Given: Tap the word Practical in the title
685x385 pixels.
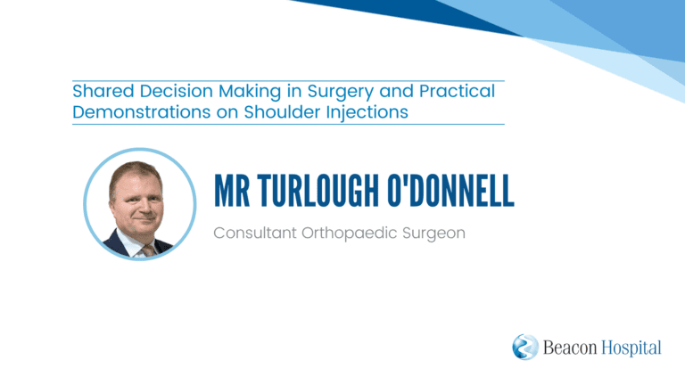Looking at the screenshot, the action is coord(457,91).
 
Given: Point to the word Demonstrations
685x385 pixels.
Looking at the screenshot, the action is coord(142,112).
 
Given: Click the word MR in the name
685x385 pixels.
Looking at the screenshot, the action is coord(232,191).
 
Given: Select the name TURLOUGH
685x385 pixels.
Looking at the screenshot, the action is coord(318,191).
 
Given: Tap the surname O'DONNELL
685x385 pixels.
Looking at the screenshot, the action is coord(450,191).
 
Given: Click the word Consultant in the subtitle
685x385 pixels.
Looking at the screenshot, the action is coord(255,233).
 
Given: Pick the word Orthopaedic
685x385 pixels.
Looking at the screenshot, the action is coord(349,234).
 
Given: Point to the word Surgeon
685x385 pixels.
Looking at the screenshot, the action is coord(433,234).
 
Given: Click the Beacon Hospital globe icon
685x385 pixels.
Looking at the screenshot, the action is coord(525,347).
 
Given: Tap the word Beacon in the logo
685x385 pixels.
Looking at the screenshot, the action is coord(570,348).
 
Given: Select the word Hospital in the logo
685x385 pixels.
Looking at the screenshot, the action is coord(631,348).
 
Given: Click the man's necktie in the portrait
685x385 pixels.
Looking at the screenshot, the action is coord(148,251).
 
